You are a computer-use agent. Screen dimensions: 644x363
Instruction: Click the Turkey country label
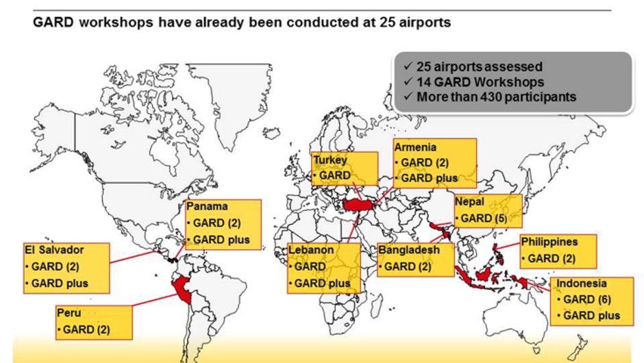pyautogui.click(x=330, y=160)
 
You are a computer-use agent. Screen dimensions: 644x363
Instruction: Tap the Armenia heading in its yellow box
pyautogui.click(x=415, y=147)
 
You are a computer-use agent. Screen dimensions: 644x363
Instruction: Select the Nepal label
pyautogui.click(x=469, y=201)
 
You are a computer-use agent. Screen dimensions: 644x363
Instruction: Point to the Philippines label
pyautogui.click(x=549, y=242)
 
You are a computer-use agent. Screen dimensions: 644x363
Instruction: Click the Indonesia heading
pyautogui.click(x=581, y=284)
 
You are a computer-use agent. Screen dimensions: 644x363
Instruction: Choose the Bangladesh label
pyautogui.click(x=408, y=250)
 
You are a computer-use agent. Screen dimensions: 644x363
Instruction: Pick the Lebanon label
pyautogui.click(x=311, y=250)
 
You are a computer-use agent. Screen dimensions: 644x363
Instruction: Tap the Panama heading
pyautogui.click(x=207, y=206)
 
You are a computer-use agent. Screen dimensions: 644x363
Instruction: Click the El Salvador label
pyautogui.click(x=54, y=250)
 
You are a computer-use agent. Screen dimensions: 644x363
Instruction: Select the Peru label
pyautogui.click(x=69, y=312)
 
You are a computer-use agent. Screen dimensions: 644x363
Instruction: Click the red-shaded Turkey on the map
pyautogui.click(x=358, y=205)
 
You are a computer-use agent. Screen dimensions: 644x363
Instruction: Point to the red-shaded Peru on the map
pyautogui.click(x=182, y=289)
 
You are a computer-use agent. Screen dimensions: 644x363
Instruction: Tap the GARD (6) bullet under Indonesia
pyautogui.click(x=584, y=299)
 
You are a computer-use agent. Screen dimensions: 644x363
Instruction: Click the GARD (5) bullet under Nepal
pyautogui.click(x=481, y=218)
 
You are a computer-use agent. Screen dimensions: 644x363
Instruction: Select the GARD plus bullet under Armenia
pyautogui.click(x=426, y=178)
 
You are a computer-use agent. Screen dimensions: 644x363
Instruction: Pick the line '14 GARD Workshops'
pyautogui.click(x=480, y=82)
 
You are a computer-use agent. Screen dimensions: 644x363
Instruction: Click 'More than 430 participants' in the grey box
pyautogui.click(x=496, y=97)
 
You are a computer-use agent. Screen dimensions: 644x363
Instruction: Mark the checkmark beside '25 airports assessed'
pyautogui.click(x=408, y=66)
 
